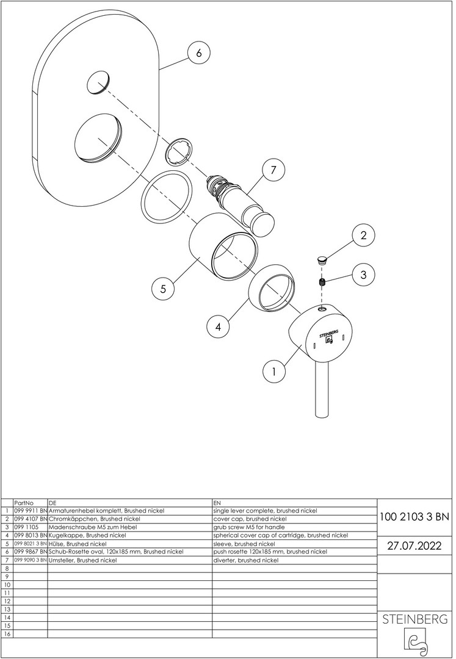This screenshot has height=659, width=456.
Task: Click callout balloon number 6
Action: pos(198,53)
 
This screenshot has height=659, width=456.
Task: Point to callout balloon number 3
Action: pos(363,275)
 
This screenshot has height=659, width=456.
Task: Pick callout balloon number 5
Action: pos(163,289)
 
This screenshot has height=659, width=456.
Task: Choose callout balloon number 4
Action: pos(218,326)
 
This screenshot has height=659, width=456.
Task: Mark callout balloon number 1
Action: pos(274,370)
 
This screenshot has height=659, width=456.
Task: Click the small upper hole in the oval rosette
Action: pos(100,83)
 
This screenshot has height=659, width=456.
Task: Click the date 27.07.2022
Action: pos(414,546)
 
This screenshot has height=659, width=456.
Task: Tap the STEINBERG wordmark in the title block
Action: pos(414,619)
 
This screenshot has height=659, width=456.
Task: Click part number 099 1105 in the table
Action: pos(26,527)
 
